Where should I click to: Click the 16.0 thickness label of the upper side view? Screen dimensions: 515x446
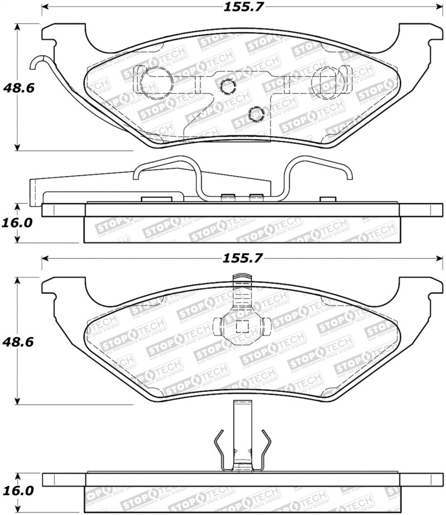tap(17, 222)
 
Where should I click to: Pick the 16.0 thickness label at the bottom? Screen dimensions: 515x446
tap(17, 492)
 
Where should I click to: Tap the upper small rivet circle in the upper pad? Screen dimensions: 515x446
tap(227, 86)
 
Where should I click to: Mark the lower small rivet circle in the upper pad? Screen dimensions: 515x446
tap(256, 113)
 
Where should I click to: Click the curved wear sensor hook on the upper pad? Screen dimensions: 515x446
tap(40, 64)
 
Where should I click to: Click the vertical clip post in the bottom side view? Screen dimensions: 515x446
tap(241, 435)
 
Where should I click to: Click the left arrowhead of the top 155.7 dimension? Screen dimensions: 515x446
tap(45, 8)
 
